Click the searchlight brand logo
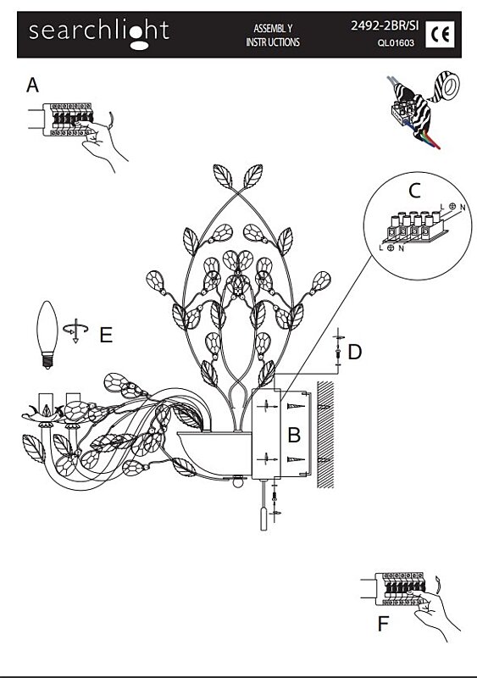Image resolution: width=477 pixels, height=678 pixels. (x=98, y=34)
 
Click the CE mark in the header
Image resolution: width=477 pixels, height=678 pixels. (x=440, y=34)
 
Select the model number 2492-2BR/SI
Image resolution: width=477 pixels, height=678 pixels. (x=385, y=25)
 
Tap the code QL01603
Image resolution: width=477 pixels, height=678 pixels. (x=396, y=43)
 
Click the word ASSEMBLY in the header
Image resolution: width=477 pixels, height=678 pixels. (x=273, y=29)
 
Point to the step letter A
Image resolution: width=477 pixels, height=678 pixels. (x=32, y=85)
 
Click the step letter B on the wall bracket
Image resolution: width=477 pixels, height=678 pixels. (x=294, y=435)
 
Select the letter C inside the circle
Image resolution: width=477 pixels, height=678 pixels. (x=414, y=190)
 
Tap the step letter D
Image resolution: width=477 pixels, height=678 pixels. (x=355, y=352)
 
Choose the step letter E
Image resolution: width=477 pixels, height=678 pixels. (x=106, y=335)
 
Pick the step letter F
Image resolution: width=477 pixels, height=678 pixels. (x=383, y=624)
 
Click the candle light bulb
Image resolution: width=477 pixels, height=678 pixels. (x=47, y=335)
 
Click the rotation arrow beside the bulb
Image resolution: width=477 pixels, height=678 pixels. (x=75, y=331)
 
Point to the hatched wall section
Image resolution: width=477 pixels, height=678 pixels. (x=325, y=434)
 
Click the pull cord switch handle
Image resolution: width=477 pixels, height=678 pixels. (x=263, y=519)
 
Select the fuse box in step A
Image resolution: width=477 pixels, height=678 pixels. (x=68, y=119)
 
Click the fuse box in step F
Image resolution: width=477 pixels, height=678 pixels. (x=400, y=589)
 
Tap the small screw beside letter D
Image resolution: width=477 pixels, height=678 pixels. (x=338, y=353)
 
